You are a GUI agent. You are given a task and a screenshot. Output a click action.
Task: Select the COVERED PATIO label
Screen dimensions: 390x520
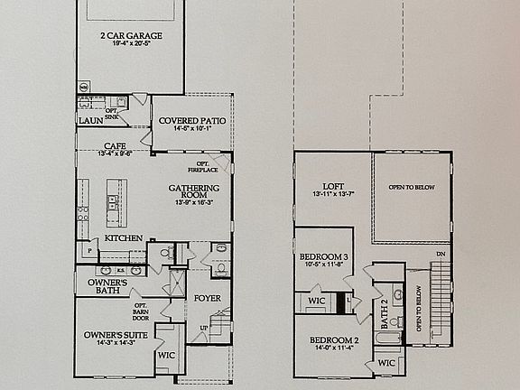coord(191,120)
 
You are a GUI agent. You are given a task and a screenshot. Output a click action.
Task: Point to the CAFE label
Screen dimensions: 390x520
coord(114,145)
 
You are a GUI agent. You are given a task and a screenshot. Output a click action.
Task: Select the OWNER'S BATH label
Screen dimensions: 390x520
coord(106,287)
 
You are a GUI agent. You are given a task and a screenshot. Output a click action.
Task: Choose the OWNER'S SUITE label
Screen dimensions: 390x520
coord(110,335)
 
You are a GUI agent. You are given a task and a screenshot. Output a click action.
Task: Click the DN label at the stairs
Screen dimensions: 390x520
coord(440,254)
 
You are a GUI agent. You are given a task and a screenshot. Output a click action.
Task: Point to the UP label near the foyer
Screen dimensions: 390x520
coord(202,328)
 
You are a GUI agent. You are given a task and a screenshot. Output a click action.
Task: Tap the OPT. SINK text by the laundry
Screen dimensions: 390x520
coord(112,114)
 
